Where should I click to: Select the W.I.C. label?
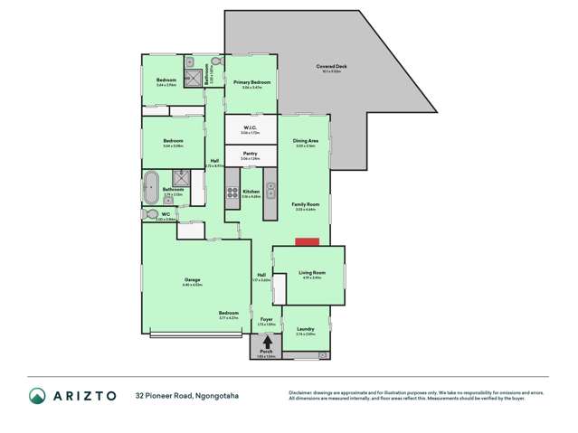click(x=251, y=128)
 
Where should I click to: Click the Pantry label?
click(x=251, y=155)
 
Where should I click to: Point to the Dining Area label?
click(x=305, y=141)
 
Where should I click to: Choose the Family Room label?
click(x=305, y=205)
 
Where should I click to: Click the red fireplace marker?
click(x=307, y=241)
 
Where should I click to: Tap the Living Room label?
click(x=312, y=273)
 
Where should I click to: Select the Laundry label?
click(x=306, y=330)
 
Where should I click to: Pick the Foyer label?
click(x=266, y=319)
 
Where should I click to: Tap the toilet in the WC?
click(x=148, y=215)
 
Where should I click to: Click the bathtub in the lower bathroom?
click(x=149, y=190)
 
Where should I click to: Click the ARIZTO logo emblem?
click(x=37, y=395)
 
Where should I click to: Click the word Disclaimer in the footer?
click(x=300, y=391)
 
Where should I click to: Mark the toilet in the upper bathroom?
click(x=215, y=62)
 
